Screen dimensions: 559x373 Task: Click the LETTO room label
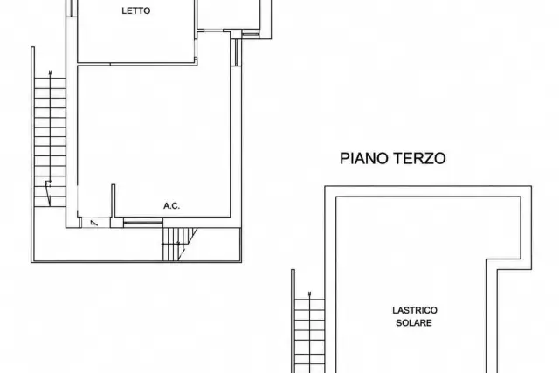pos(136,10)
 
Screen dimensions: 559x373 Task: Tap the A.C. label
pos(171,206)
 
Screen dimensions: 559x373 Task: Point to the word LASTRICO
pos(415,310)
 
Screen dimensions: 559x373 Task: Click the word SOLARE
pos(414,322)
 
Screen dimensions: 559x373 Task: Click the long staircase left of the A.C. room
pos(50,142)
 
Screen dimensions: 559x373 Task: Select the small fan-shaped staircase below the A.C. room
pos(179,245)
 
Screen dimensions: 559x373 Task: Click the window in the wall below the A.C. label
pos(143,223)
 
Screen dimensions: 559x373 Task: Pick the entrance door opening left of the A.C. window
pos(94,223)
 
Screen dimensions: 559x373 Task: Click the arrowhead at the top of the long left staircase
pos(50,73)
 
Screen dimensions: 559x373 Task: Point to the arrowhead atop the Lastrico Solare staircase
pos(309,294)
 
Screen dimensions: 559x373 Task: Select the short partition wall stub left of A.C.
pos(113,201)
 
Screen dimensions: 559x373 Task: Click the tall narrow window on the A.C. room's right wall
pos(236,52)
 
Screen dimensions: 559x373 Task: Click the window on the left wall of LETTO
pos(72,8)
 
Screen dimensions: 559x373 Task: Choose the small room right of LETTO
pos(229,14)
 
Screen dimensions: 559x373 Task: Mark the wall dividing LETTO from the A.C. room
pos(137,64)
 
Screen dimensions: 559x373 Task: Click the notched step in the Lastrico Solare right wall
pos(509,264)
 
